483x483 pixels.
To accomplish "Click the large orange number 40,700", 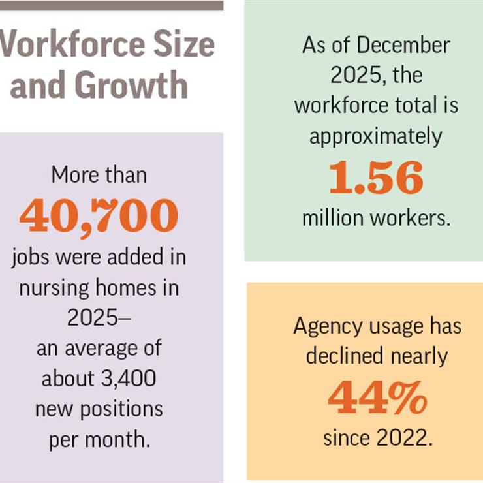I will tap(98, 216).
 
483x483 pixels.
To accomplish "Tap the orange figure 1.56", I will tap(375, 178).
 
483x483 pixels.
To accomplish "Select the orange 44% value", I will tap(377, 397).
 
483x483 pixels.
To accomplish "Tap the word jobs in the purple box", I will tap(31, 257).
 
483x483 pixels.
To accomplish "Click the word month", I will tap(125, 439).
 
